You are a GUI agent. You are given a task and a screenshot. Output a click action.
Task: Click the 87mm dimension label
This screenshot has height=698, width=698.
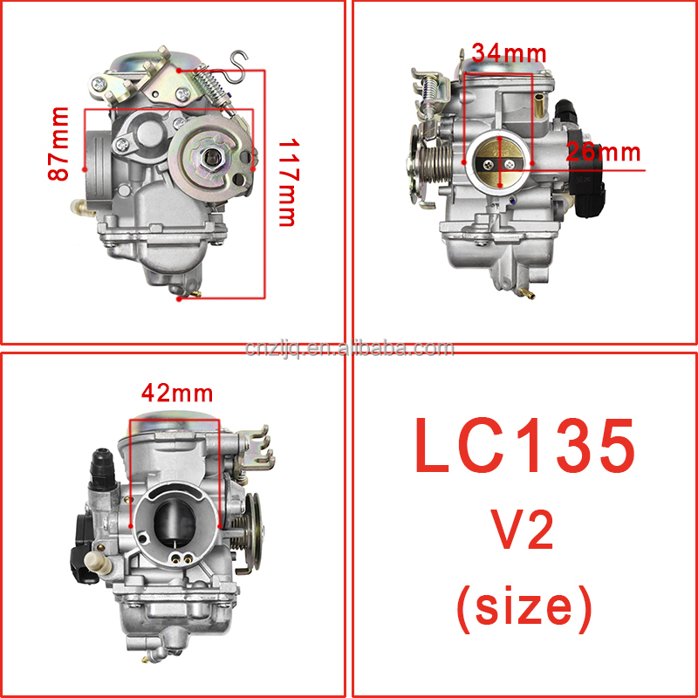[x=58, y=144]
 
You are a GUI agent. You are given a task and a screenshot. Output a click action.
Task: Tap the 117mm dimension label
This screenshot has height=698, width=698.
[x=287, y=183]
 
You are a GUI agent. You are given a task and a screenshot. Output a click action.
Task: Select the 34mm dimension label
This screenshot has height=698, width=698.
[x=509, y=54]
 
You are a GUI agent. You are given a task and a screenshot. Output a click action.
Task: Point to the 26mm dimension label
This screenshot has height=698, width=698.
[x=603, y=153]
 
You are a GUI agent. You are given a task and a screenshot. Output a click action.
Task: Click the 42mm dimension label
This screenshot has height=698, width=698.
[x=177, y=393]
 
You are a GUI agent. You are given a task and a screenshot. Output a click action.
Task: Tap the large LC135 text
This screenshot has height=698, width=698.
[x=525, y=446]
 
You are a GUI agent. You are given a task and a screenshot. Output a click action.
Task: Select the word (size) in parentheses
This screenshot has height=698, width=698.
[x=525, y=606]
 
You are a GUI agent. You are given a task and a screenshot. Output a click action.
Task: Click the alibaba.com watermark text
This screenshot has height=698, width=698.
[x=350, y=349]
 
